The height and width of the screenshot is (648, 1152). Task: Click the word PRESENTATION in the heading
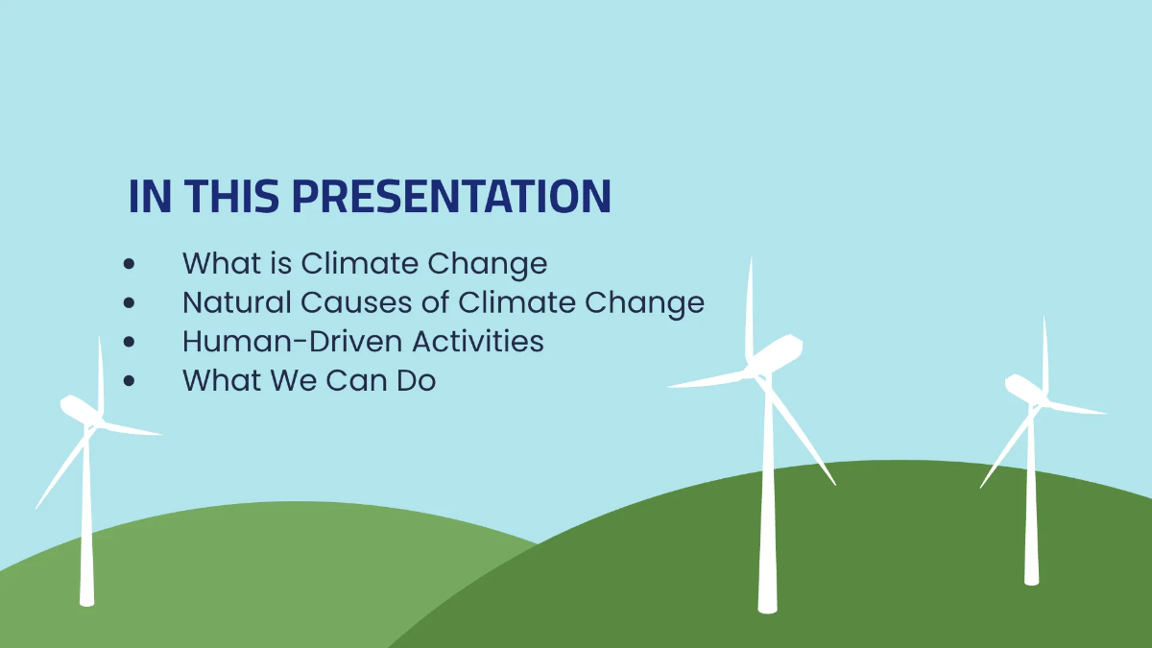[x=451, y=197]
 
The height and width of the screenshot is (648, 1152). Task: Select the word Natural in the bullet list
[x=236, y=302]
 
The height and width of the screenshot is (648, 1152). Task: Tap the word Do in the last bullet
[x=416, y=380]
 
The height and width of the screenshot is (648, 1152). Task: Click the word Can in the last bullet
[x=355, y=380]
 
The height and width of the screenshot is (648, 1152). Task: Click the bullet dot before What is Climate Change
[x=130, y=264]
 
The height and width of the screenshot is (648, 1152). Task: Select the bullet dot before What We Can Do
[x=130, y=380]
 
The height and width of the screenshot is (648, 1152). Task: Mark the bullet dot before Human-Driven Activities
[x=130, y=341]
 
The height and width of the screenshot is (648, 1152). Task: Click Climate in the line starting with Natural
[x=517, y=302]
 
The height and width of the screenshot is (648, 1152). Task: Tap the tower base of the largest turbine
[x=766, y=605]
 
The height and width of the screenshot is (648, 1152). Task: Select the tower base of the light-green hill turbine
[x=87, y=599]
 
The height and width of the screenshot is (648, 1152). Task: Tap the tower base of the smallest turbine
[x=1031, y=579]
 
